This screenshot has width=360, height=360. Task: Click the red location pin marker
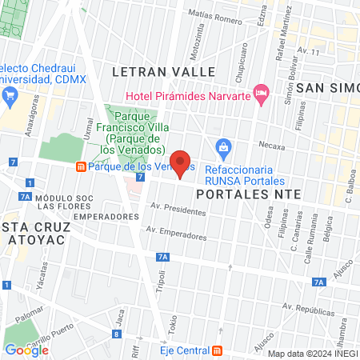click(181, 165)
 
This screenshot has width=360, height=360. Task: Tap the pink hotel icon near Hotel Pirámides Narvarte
click(261, 94)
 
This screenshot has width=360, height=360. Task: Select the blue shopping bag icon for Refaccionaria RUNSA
click(224, 147)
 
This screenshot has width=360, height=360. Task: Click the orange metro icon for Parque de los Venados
click(81, 167)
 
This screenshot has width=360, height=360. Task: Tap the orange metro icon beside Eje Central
click(218, 350)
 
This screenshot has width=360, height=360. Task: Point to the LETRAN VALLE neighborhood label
click(163, 72)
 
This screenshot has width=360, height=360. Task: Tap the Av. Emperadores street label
click(175, 232)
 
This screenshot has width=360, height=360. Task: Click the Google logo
click(27, 350)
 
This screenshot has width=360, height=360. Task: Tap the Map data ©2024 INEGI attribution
click(312, 354)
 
